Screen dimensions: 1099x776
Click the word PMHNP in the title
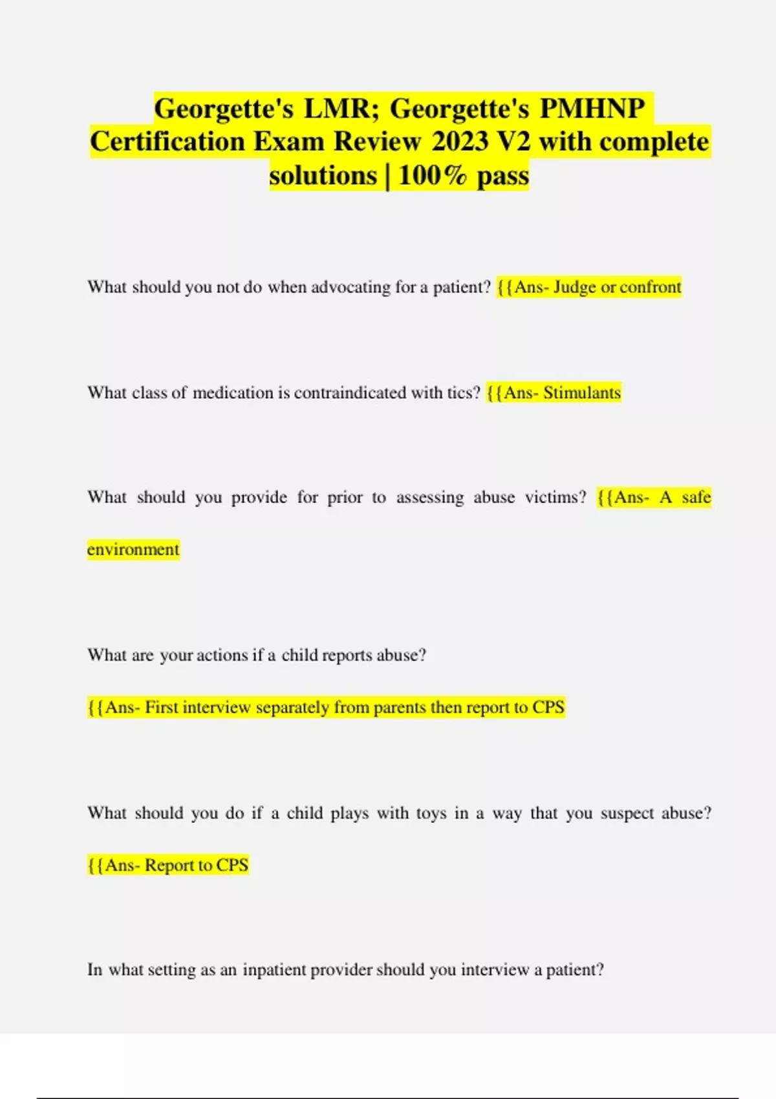(x=592, y=108)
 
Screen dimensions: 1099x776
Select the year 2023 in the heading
(x=460, y=142)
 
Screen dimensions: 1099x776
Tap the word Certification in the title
(x=167, y=142)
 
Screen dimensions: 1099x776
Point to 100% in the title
(x=432, y=175)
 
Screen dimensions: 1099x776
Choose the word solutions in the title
(x=323, y=175)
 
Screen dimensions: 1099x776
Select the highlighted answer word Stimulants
(x=582, y=392)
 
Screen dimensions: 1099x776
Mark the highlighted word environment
(x=133, y=549)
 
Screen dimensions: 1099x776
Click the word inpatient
(x=274, y=970)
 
